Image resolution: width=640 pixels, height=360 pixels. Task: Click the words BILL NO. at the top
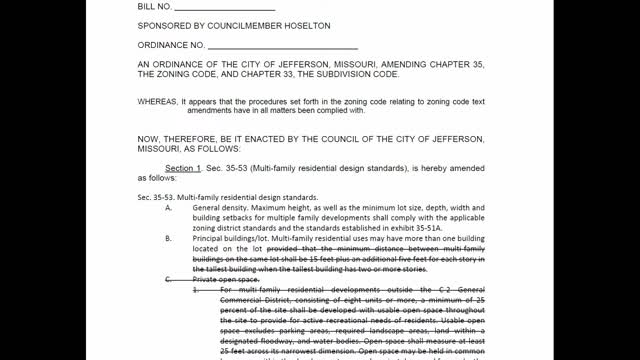click(156, 7)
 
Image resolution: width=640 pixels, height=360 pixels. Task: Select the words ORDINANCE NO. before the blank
click(171, 45)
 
